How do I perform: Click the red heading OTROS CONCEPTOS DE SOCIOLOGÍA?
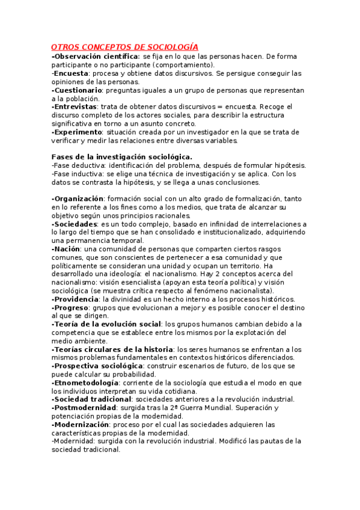tap(124, 47)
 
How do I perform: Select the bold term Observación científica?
tap(97, 56)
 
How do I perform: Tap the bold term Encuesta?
tap(71, 73)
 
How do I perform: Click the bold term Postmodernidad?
tap(84, 407)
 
